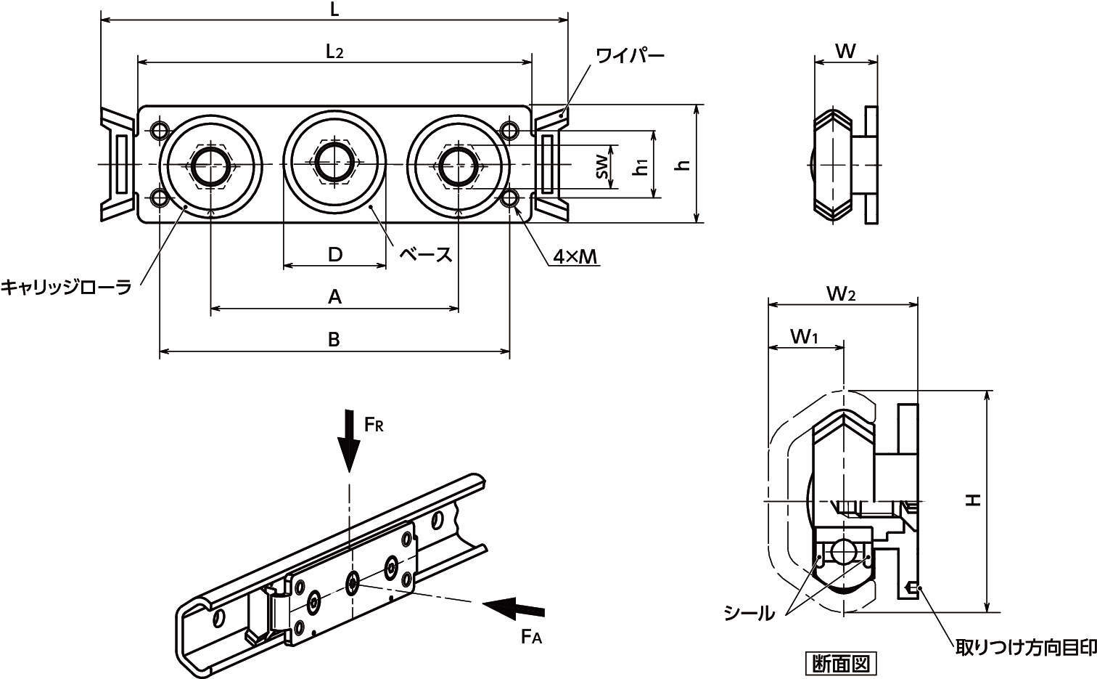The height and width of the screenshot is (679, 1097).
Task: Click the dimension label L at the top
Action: coord(334,9)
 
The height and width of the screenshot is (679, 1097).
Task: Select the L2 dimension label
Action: coord(334,52)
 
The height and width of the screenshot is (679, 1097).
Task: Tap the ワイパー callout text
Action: coord(630,56)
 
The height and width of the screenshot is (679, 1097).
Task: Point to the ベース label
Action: coord(426,254)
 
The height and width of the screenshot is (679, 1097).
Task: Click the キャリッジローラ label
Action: coord(66,288)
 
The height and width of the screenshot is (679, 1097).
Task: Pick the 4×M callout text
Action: coord(575,256)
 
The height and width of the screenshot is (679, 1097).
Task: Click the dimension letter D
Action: coord(334,254)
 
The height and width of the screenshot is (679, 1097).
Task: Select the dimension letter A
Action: coord(334,296)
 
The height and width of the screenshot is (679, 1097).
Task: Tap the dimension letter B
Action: coord(334,339)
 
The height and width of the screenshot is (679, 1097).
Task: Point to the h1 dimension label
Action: coord(641,166)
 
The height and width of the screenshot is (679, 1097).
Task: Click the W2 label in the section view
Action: coord(841,293)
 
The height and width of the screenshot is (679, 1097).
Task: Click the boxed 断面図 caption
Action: coord(841,663)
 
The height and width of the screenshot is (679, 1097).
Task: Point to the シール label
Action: coord(749,614)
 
